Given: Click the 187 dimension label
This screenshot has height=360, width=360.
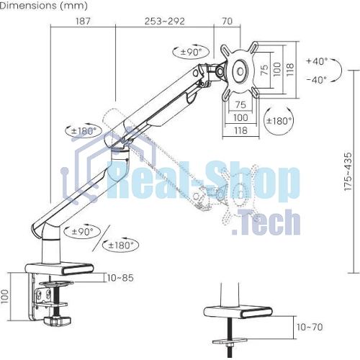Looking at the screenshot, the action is point(83,21).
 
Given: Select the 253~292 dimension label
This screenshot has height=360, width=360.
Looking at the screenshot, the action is point(165,21).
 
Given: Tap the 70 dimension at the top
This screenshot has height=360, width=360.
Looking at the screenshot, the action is point(227,21).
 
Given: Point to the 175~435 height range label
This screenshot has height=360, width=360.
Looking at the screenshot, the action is point(348,171).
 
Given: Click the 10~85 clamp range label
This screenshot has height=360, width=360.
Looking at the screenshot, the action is point(120,278).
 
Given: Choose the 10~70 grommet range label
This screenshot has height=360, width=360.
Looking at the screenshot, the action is point(310,327).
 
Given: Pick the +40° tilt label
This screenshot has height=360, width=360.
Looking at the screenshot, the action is point(317,61).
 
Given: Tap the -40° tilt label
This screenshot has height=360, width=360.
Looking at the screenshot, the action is point(317,79).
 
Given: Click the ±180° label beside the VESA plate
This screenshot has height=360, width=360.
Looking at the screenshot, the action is point(279,121).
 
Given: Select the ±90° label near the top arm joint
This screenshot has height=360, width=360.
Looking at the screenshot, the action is point(192,52).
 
